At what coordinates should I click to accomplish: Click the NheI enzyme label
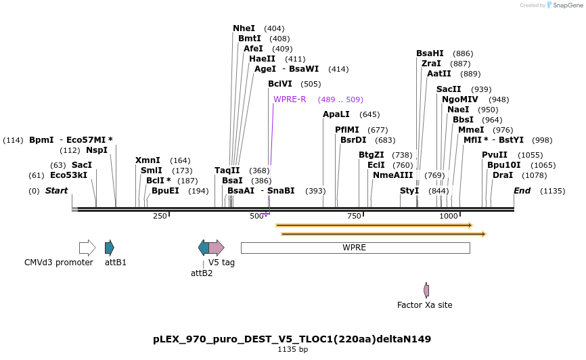click(244, 28)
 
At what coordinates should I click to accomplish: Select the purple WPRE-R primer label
click(290, 99)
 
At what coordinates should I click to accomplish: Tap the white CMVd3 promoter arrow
click(87, 248)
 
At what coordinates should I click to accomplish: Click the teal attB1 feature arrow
click(110, 248)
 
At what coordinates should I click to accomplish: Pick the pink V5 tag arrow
click(216, 248)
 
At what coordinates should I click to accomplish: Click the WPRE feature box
click(355, 248)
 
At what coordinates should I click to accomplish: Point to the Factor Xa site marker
click(426, 290)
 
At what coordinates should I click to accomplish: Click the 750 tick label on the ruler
click(354, 216)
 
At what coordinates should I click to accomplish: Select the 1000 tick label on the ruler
click(449, 216)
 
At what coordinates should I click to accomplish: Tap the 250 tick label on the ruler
click(160, 216)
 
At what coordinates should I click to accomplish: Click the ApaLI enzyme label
click(336, 114)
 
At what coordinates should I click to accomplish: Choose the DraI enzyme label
click(503, 175)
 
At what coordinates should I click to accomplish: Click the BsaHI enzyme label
click(430, 53)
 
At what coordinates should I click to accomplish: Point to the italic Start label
click(56, 191)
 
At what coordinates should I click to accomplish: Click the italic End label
click(522, 191)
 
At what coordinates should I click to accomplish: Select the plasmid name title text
click(292, 339)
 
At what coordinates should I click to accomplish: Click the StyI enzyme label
click(409, 191)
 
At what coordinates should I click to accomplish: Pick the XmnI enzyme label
click(148, 160)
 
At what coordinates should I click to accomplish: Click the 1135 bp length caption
click(292, 350)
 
